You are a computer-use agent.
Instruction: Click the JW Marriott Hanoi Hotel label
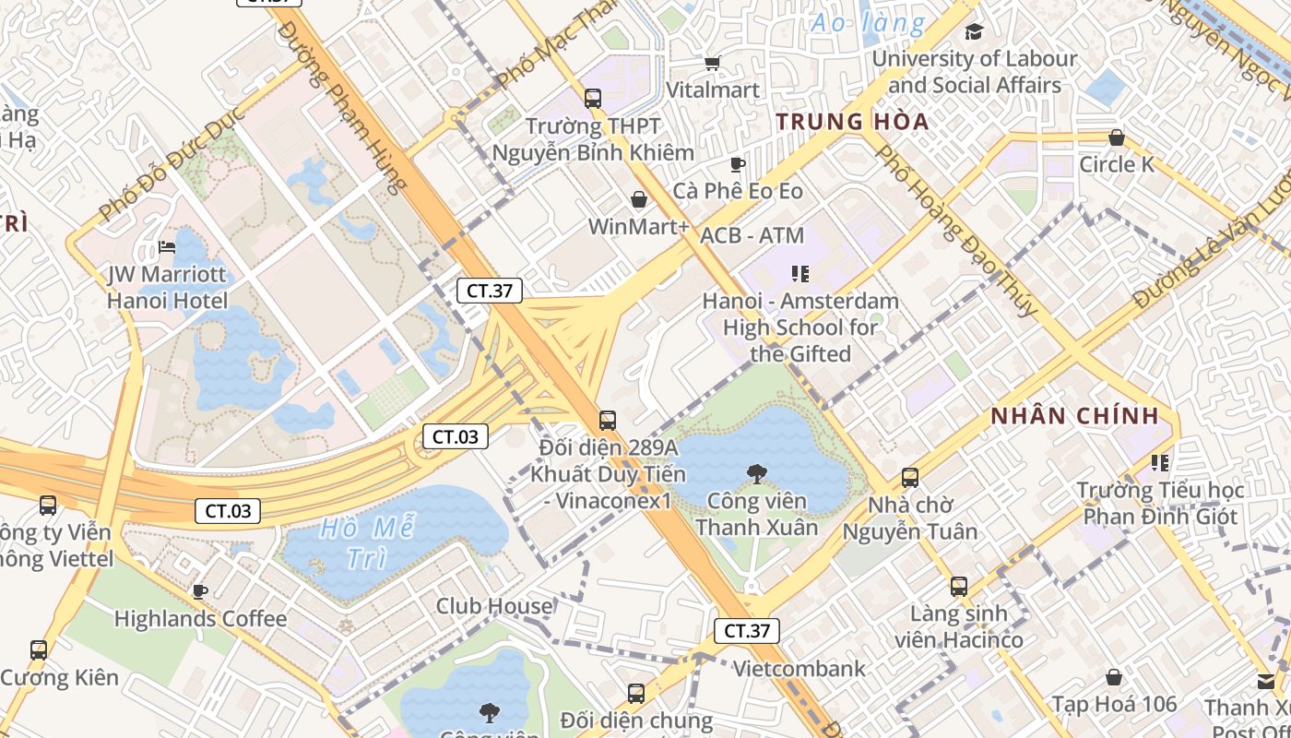[x=167, y=288]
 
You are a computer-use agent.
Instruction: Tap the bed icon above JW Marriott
[x=167, y=246]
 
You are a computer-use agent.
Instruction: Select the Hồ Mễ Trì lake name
[x=366, y=543]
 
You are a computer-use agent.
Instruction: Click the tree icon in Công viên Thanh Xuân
[x=756, y=474]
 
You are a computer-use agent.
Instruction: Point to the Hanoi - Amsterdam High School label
[x=800, y=327]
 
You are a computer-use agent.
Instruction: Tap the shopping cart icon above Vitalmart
[x=712, y=63]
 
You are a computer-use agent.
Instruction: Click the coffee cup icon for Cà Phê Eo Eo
[x=737, y=164]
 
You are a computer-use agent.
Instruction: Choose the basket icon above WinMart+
[x=638, y=199]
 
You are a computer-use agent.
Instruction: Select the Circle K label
[x=1116, y=165]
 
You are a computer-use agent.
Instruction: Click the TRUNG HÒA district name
[x=852, y=122]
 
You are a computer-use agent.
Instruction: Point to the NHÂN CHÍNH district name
[x=1074, y=416]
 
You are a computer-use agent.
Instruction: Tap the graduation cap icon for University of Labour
[x=974, y=32]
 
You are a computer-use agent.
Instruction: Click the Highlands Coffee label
[x=200, y=618]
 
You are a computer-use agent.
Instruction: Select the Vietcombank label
[x=799, y=669]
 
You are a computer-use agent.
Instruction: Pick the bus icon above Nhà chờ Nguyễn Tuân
[x=910, y=478]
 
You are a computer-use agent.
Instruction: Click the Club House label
[x=494, y=606]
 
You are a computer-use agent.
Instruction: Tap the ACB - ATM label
[x=752, y=235]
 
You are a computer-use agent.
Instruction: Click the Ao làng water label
[x=867, y=22]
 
